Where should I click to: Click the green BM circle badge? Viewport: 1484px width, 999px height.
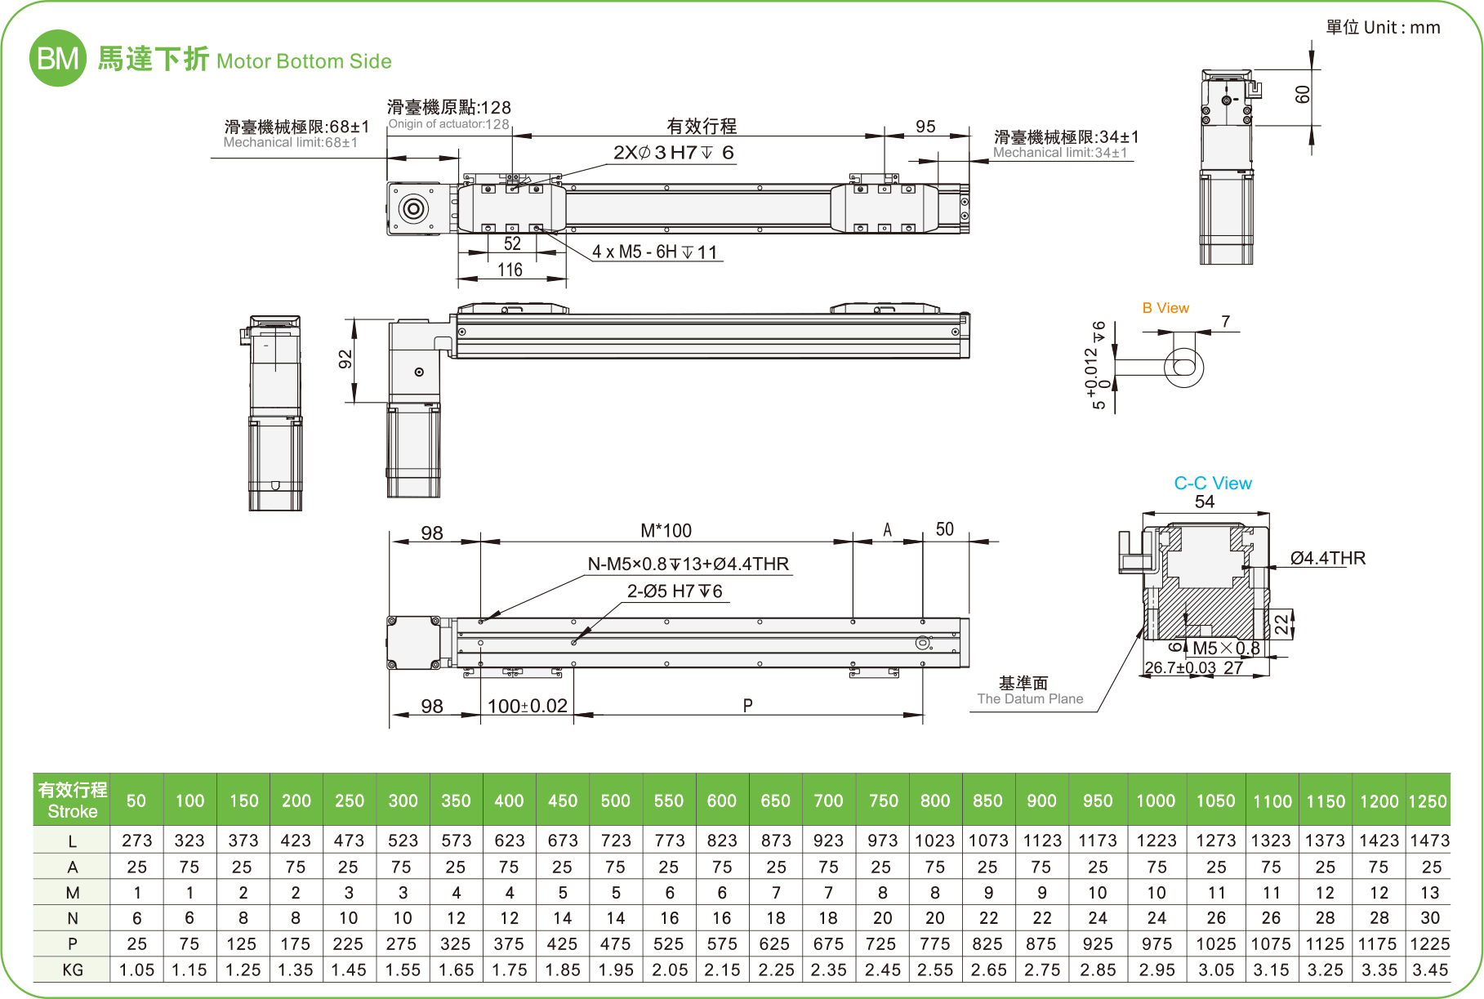(57, 59)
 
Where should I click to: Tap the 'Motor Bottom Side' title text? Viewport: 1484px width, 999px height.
(304, 61)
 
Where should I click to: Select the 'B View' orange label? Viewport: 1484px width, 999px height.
(1165, 308)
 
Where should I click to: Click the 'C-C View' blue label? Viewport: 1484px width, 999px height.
(1212, 484)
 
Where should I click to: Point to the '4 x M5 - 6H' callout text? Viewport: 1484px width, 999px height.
(654, 252)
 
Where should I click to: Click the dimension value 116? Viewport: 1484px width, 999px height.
(510, 270)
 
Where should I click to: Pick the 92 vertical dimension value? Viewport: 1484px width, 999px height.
(345, 359)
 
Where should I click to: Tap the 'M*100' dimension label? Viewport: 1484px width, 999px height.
(666, 531)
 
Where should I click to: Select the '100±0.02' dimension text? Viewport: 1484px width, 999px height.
(527, 706)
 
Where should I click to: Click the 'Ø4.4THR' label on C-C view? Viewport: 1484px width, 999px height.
(1327, 558)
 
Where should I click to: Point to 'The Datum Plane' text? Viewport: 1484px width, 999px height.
(1030, 699)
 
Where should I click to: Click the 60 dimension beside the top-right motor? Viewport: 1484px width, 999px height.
(1303, 95)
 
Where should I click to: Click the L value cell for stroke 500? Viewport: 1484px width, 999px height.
(616, 841)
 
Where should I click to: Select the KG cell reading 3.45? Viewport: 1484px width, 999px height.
(1429, 970)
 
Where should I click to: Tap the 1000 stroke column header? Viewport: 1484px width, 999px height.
(1156, 801)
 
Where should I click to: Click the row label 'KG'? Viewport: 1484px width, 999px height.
(72, 970)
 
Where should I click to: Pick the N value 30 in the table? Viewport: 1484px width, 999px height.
(1429, 918)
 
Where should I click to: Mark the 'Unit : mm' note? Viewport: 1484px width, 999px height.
(1383, 28)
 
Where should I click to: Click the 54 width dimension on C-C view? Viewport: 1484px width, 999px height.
(1205, 502)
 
